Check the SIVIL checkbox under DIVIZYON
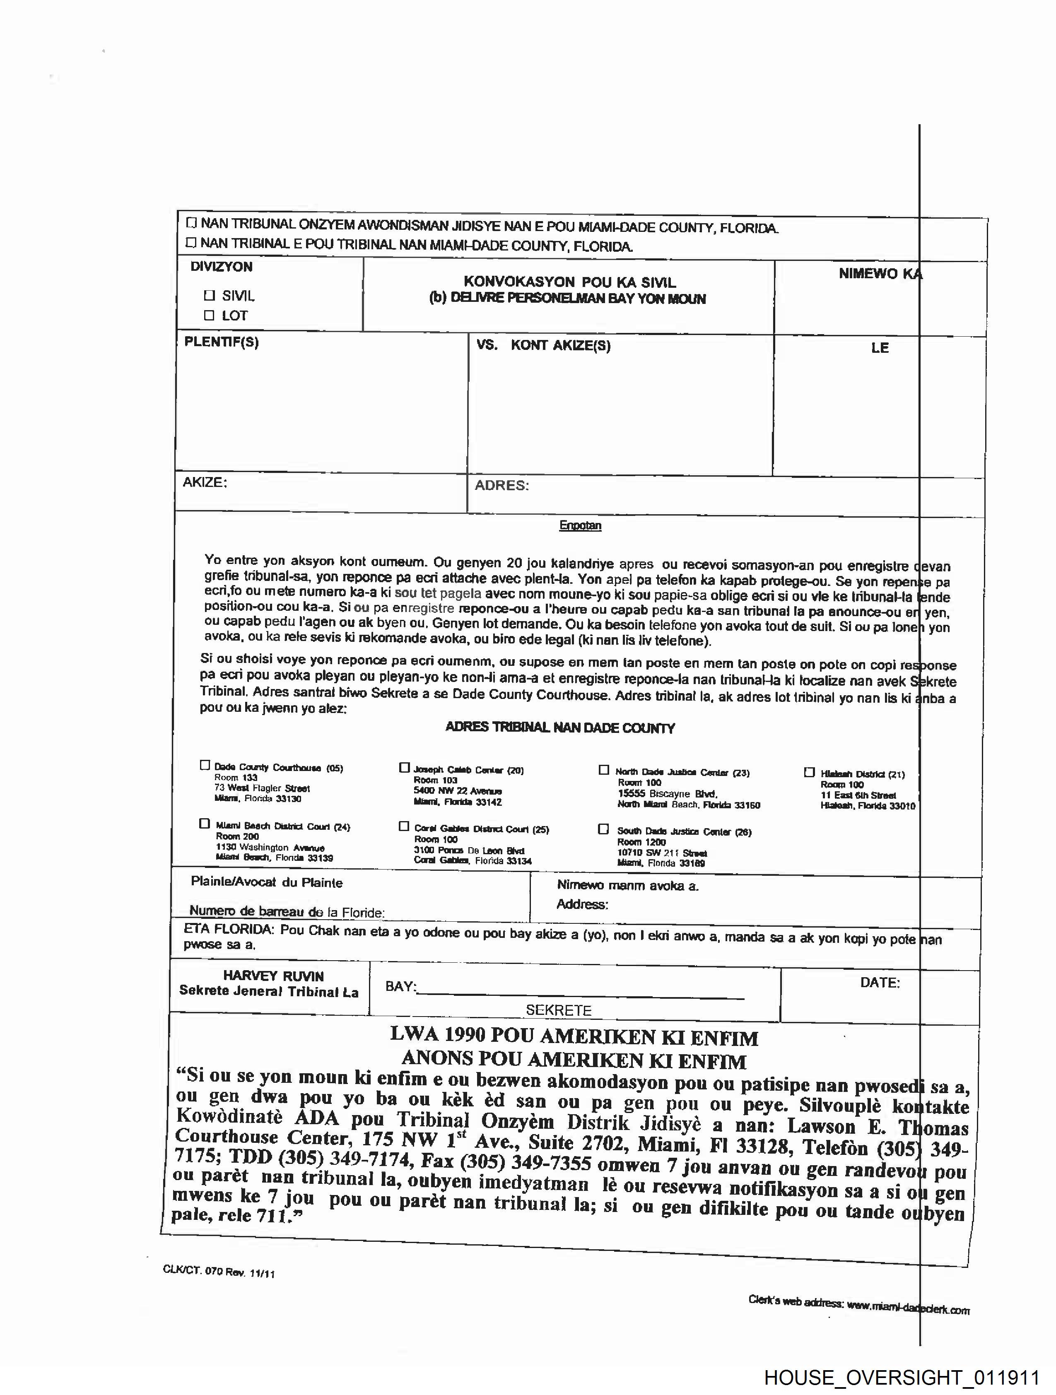click(x=210, y=295)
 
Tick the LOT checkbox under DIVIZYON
click(x=210, y=316)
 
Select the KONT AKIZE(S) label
click(x=560, y=346)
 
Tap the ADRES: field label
click(x=501, y=486)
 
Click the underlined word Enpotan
click(x=580, y=525)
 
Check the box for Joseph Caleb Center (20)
click(x=404, y=768)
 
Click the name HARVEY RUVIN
click(x=273, y=976)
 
